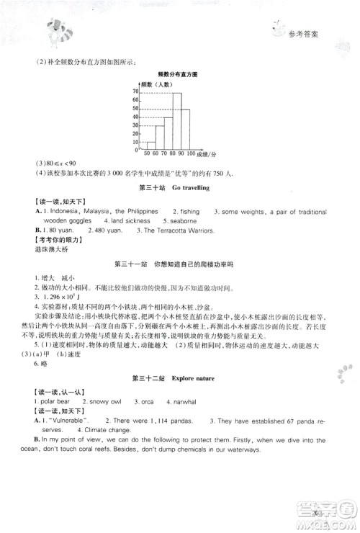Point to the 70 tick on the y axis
click(136, 91)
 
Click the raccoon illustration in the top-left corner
click(48, 30)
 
